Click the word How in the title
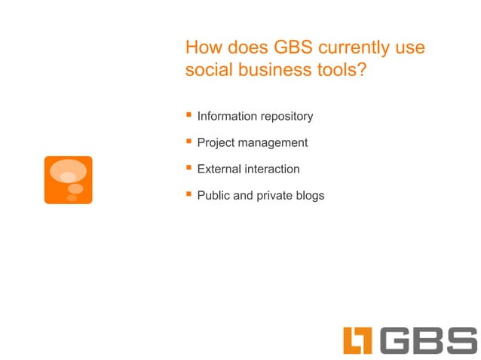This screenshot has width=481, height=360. coord(203,47)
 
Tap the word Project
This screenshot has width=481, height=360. coord(218,143)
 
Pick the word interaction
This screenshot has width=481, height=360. coord(274,169)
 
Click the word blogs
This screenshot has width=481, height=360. coord(309,196)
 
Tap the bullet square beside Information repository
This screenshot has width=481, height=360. coord(189,115)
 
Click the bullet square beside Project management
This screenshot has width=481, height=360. coord(189,142)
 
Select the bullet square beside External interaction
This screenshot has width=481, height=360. coord(189,168)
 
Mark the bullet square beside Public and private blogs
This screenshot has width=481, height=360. coord(189,194)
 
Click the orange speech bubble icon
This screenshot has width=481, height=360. coord(69,180)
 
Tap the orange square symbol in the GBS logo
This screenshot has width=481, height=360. coord(358,341)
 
